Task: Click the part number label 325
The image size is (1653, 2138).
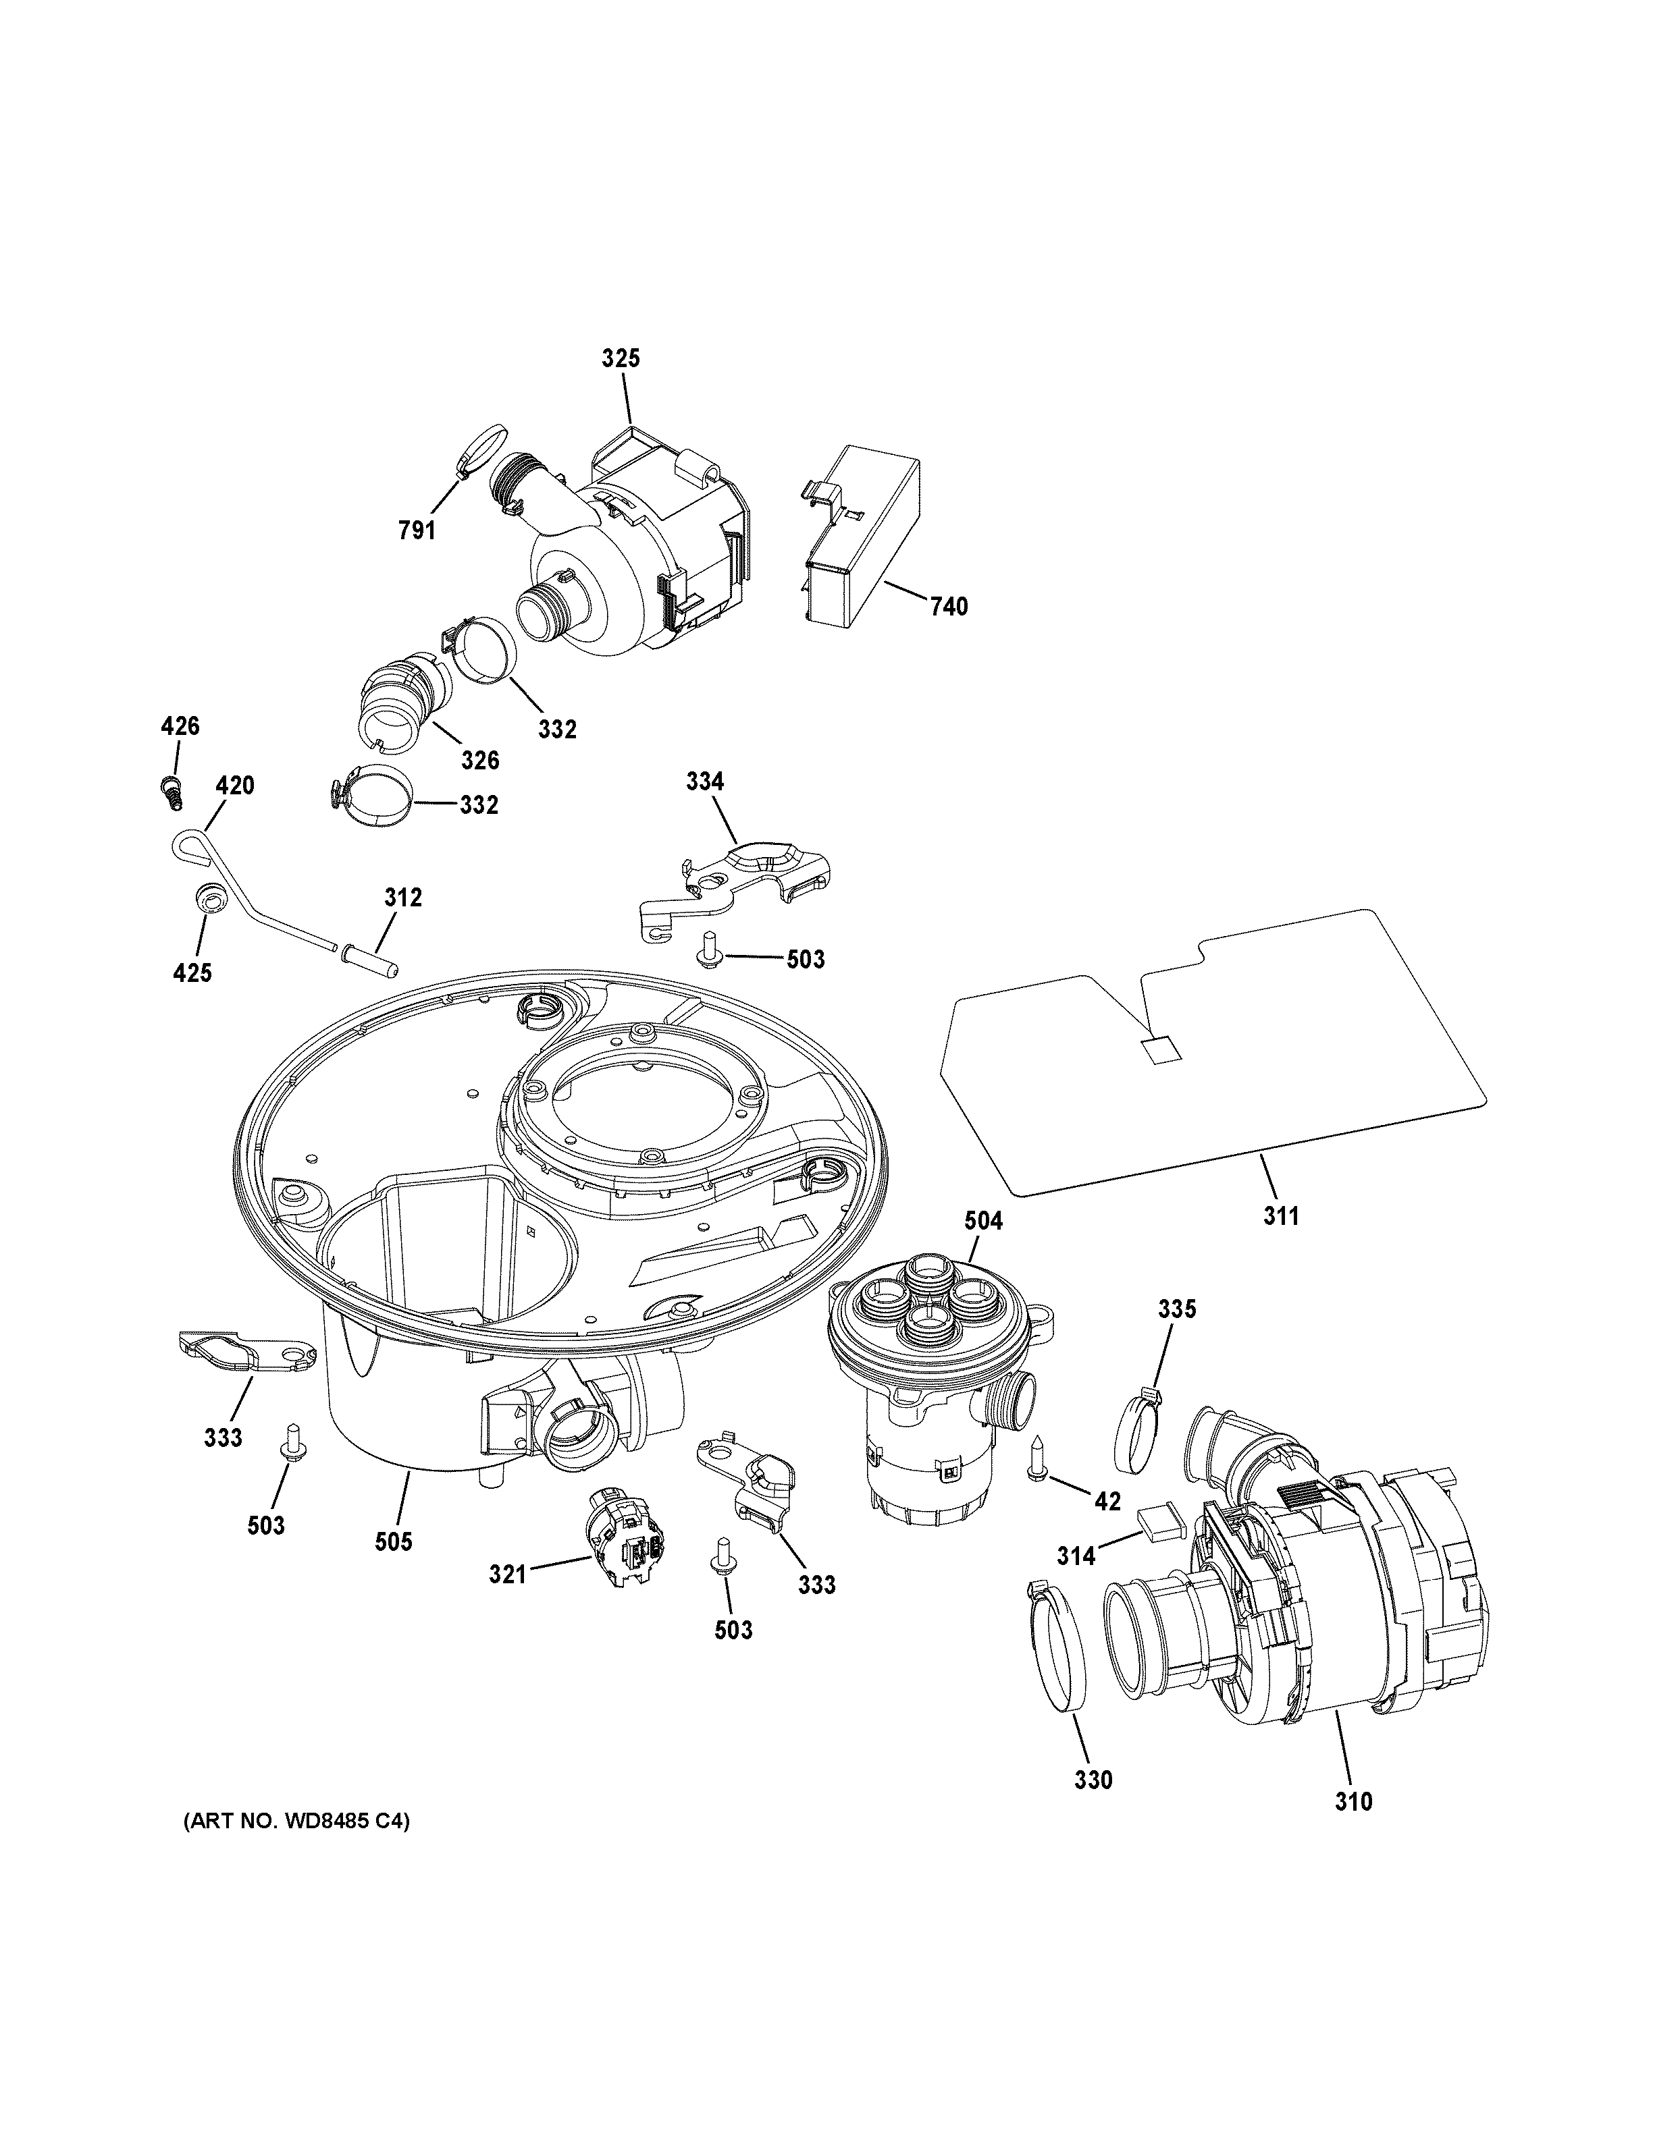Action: (620, 358)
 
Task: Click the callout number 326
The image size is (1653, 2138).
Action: (480, 760)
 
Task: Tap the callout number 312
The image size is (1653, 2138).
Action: (402, 897)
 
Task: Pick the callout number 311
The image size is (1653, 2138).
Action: (1280, 1216)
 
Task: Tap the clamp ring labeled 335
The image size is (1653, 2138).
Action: (1139, 1436)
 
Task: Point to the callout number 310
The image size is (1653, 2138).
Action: (1353, 1801)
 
